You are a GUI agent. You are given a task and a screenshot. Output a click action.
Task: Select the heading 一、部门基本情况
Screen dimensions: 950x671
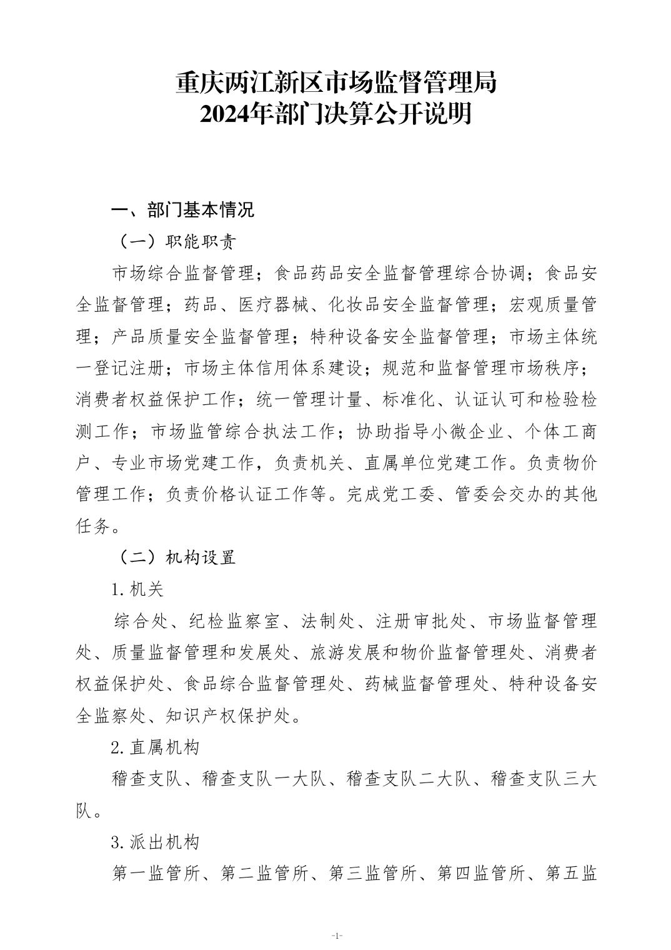[x=182, y=210]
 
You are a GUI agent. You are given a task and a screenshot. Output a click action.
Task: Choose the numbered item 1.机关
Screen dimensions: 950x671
[x=137, y=589]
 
